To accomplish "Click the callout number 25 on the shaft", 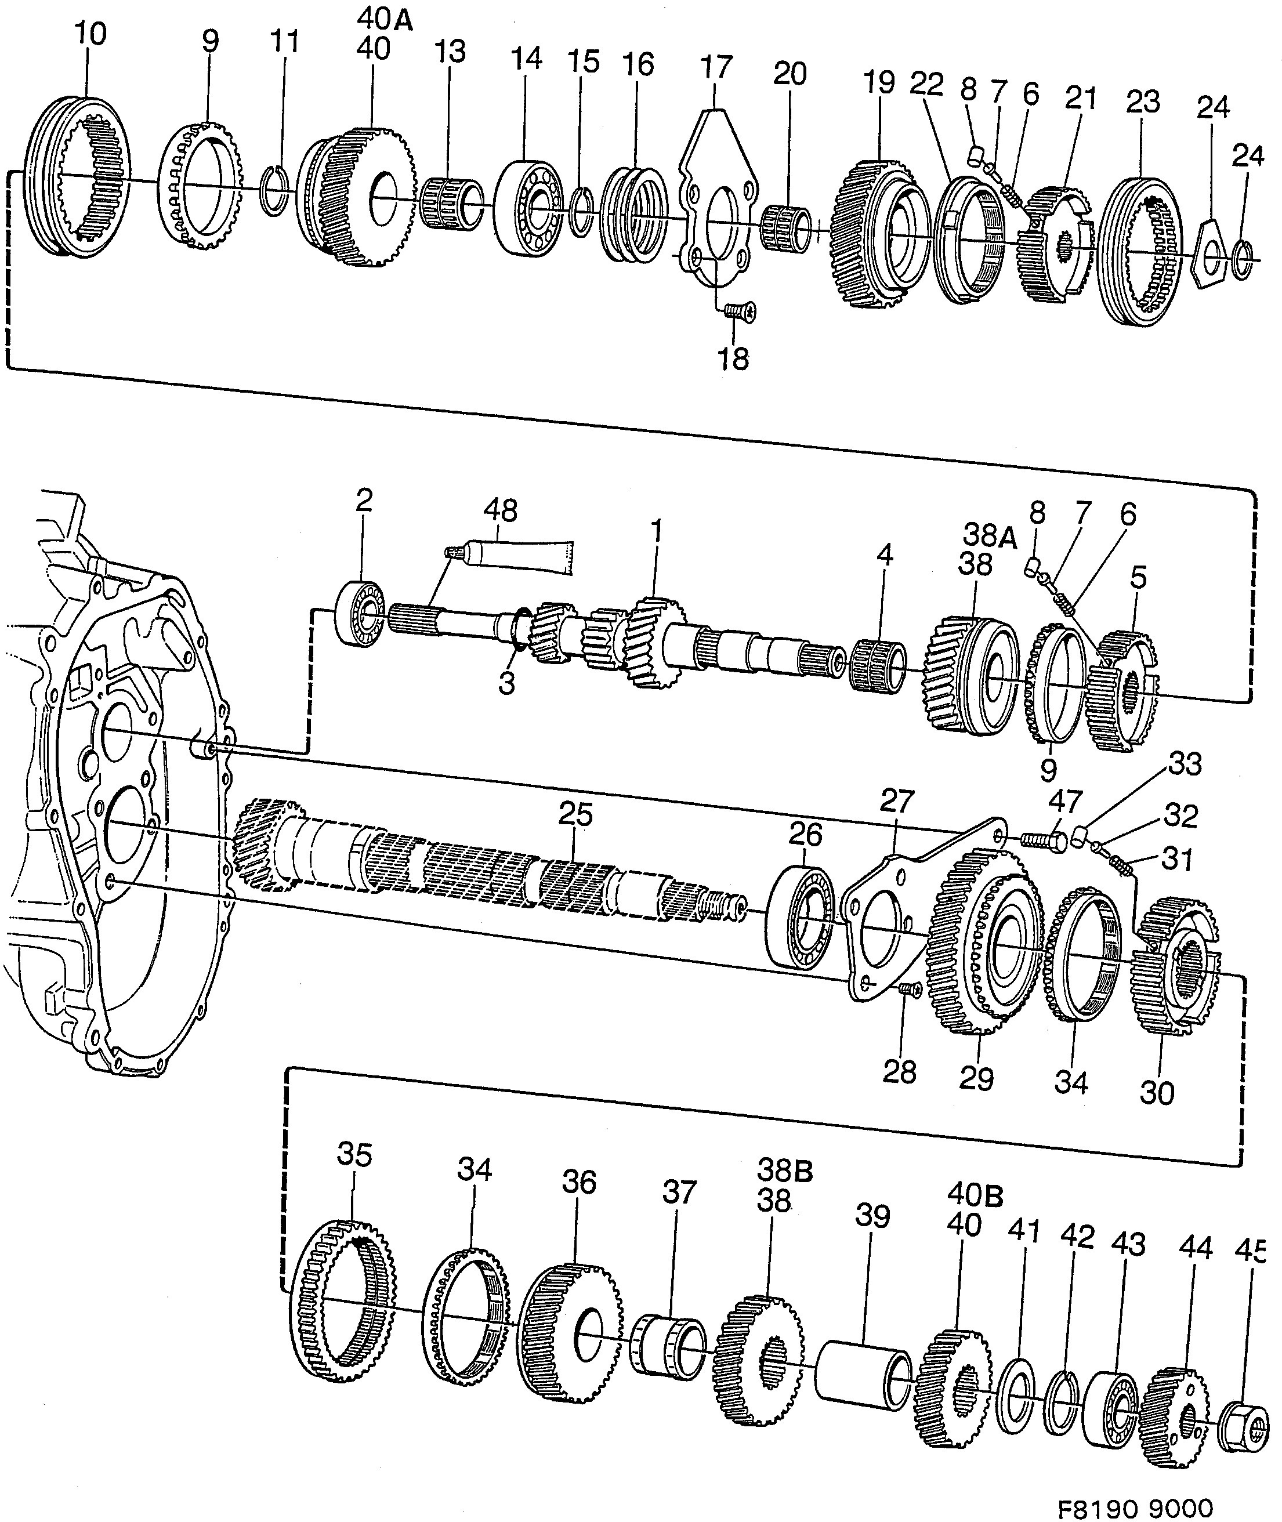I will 575,814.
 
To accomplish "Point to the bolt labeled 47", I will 1044,840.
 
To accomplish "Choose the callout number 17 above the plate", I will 716,67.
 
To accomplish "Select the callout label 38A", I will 989,535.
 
